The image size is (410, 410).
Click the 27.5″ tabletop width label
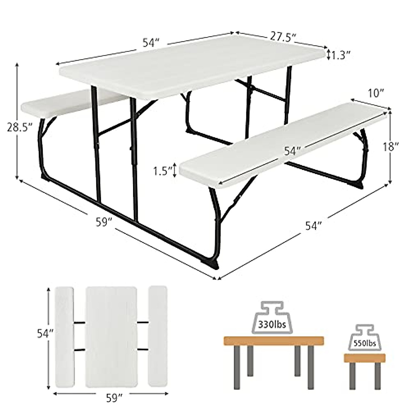282,37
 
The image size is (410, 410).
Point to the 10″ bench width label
377,93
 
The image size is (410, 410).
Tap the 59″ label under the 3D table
104,223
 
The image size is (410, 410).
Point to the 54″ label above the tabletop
151,43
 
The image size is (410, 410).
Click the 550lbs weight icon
365,340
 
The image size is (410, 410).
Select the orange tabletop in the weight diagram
274,341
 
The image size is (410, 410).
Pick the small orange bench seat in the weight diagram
364,358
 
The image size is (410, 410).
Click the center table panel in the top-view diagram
111,336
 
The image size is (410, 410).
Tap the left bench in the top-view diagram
65,336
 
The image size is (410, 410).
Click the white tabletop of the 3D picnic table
191,68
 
